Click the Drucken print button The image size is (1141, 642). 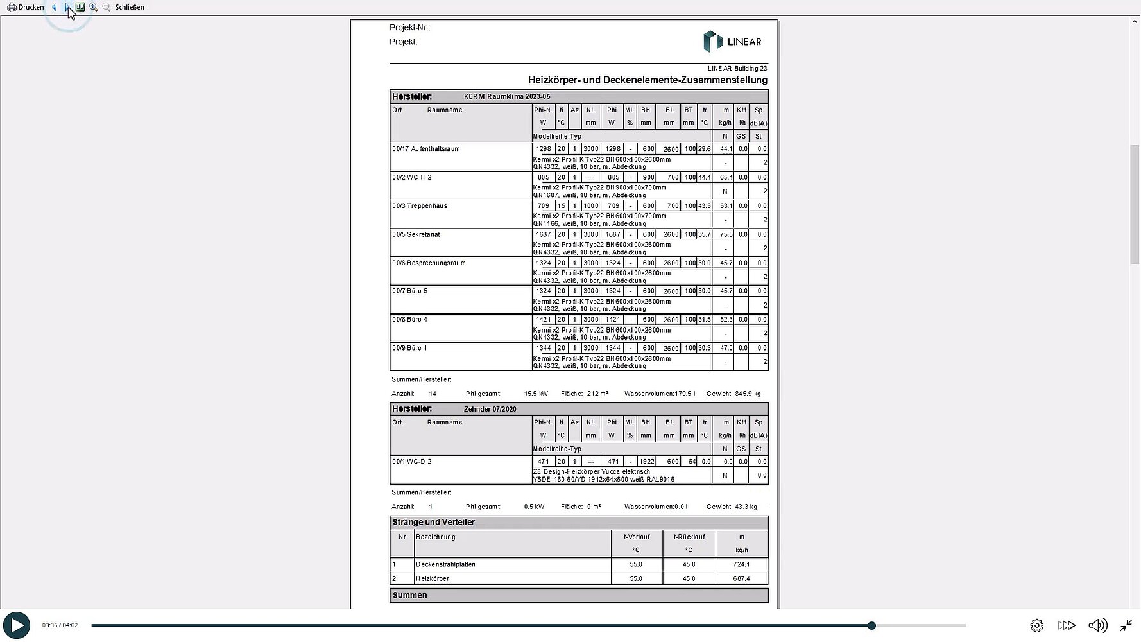[x=26, y=7]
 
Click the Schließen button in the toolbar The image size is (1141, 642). [x=130, y=7]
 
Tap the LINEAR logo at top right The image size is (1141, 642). [x=732, y=42]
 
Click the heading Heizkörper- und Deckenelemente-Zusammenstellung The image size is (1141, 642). [x=648, y=80]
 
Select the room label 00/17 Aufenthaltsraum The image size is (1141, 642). [x=426, y=149]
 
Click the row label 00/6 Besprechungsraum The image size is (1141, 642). [x=429, y=263]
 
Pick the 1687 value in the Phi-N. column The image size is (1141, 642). [x=544, y=234]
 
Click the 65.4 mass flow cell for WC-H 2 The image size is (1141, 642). [x=726, y=177]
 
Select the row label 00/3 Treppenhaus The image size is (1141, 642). [x=420, y=206]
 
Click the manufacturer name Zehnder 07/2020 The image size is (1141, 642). [x=490, y=409]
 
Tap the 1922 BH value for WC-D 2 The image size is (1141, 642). [x=646, y=462]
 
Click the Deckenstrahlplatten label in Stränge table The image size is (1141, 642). [x=446, y=564]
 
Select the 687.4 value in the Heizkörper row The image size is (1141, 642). [x=741, y=578]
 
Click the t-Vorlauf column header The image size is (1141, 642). [x=637, y=537]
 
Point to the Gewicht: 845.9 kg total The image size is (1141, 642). [x=733, y=394]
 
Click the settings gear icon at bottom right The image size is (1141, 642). [x=1036, y=625]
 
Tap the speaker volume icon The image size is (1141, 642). [x=1097, y=625]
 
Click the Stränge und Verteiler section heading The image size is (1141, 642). [x=434, y=523]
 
